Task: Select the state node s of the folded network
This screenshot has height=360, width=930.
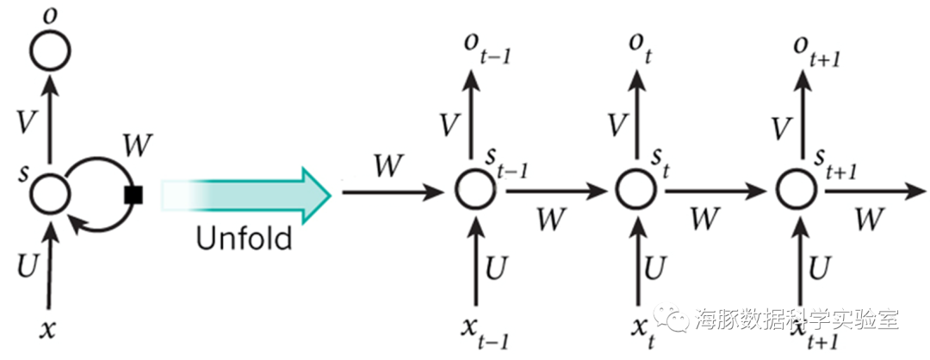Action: pos(49,192)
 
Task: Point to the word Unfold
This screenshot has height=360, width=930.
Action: pos(244,237)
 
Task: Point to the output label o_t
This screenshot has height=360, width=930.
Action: pos(638,42)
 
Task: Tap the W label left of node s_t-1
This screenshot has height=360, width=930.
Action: pos(387,165)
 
